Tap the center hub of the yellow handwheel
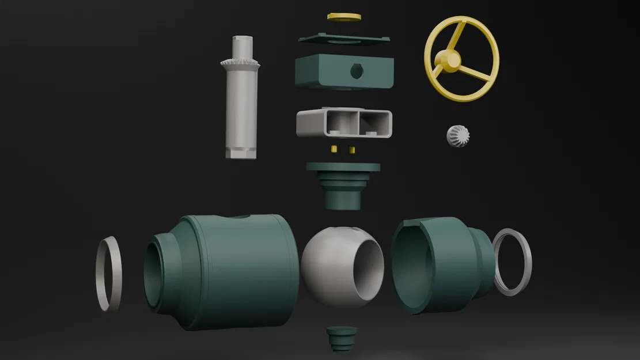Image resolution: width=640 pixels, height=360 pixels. [x=447, y=59]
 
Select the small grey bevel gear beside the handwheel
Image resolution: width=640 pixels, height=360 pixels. [x=458, y=136]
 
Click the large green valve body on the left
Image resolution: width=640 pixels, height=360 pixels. [x=230, y=271]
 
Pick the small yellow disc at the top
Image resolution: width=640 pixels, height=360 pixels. [x=344, y=17]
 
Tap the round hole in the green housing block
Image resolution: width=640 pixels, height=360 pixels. [x=357, y=71]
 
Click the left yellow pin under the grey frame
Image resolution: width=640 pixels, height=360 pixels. [x=334, y=150]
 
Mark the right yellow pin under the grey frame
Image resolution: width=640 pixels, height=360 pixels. [x=352, y=150]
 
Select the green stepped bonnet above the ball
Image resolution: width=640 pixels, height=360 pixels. [x=343, y=184]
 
